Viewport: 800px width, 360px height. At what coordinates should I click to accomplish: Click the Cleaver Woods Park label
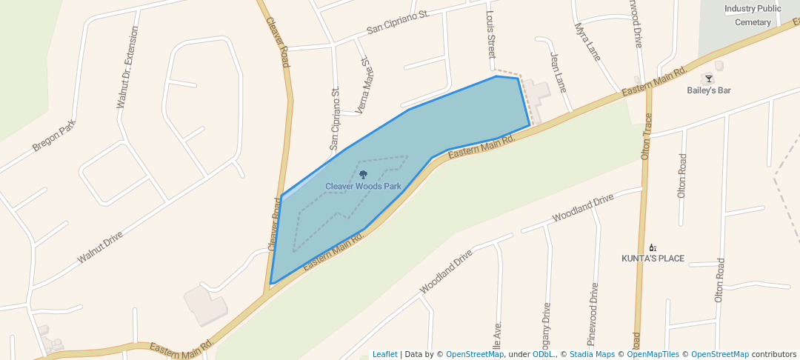click(x=363, y=187)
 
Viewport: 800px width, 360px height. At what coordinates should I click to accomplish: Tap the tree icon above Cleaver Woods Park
click(x=363, y=175)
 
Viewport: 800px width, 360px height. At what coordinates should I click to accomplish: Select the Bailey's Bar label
click(x=709, y=90)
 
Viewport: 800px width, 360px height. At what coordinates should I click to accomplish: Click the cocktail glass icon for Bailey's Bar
click(x=709, y=79)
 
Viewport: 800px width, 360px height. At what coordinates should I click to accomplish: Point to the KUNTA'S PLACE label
click(x=653, y=259)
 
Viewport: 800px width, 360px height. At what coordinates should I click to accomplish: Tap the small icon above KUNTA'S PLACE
click(x=653, y=247)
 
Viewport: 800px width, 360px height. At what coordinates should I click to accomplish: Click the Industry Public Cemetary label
click(x=753, y=16)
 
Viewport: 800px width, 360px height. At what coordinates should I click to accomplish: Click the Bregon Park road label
click(x=54, y=136)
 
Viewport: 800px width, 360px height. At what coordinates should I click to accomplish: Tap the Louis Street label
click(x=490, y=35)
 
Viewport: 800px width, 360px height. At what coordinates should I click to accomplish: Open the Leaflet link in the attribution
click(x=384, y=354)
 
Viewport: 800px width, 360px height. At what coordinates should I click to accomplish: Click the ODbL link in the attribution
click(x=543, y=354)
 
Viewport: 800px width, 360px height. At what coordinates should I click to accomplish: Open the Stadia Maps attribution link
click(x=592, y=354)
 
